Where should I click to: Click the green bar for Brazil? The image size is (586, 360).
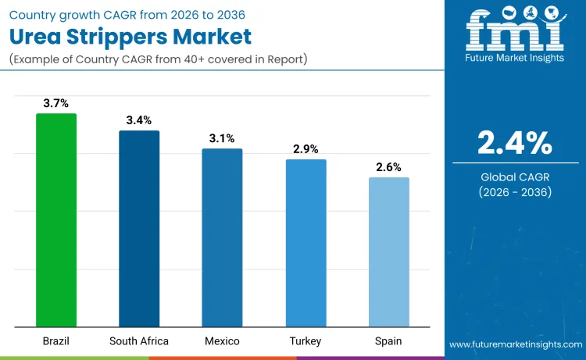(x=56, y=220)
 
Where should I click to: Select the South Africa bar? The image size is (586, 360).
(x=139, y=229)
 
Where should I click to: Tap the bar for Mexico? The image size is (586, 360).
(x=222, y=237)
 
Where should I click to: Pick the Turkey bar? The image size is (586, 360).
(x=306, y=243)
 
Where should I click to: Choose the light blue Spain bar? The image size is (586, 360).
(x=388, y=252)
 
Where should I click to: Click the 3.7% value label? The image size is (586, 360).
(x=56, y=103)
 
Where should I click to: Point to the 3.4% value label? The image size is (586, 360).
(x=139, y=120)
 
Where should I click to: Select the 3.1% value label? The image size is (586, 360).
(x=222, y=138)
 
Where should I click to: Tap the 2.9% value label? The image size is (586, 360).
(x=306, y=148)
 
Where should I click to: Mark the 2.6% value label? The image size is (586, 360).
(x=388, y=166)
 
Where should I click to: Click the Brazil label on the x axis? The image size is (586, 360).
(x=56, y=341)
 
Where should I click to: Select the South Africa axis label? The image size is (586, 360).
(x=139, y=341)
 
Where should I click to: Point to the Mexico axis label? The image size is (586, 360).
(x=222, y=341)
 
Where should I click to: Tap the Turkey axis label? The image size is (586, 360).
(x=306, y=341)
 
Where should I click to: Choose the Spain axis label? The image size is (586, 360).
(x=388, y=341)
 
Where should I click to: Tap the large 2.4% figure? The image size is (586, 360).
(x=515, y=143)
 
